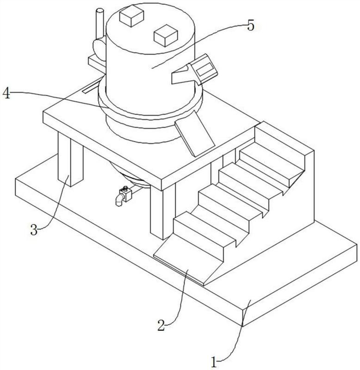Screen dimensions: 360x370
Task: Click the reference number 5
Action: [251, 25]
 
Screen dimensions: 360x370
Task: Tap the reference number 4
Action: [6, 93]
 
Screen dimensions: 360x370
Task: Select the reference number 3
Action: [34, 229]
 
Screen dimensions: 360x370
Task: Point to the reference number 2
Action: [161, 325]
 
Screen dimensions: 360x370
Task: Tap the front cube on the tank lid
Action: [166, 36]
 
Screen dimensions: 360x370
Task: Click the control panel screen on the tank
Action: [204, 68]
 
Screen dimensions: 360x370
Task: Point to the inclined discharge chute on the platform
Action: [194, 133]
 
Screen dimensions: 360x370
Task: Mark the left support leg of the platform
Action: [71, 160]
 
